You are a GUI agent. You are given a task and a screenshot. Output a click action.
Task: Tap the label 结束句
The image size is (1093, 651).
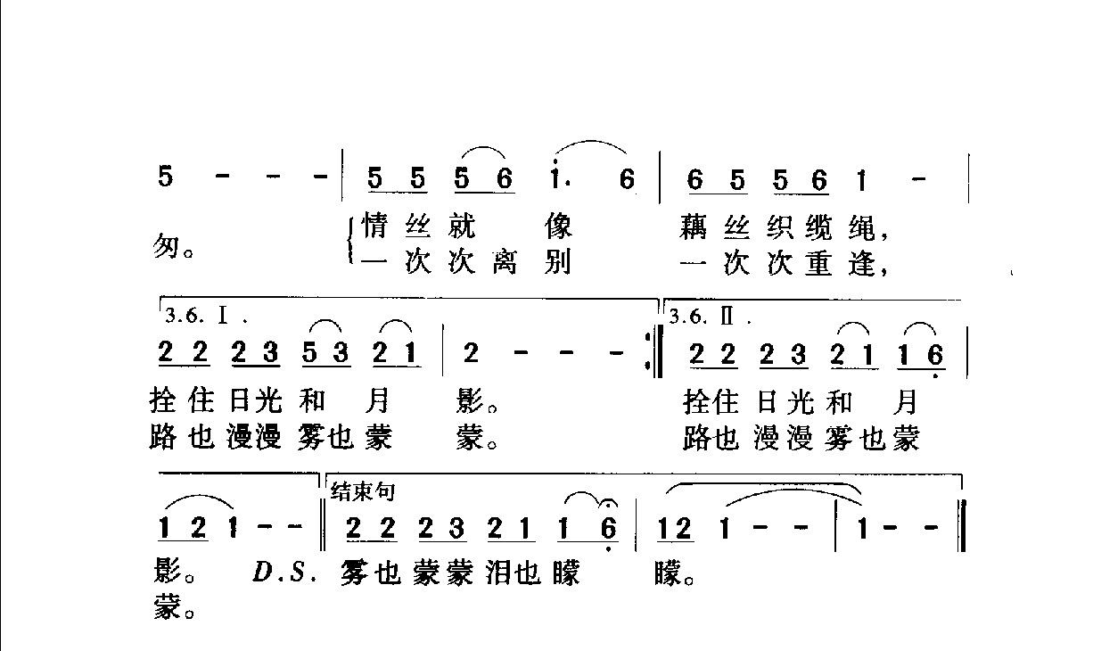[x=363, y=490]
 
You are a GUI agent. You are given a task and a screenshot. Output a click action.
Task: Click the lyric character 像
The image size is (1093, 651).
[x=558, y=227]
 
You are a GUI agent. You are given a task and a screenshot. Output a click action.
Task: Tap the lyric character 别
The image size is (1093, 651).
[x=558, y=265]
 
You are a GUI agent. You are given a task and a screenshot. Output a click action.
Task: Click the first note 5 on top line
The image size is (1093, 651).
[x=165, y=177]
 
